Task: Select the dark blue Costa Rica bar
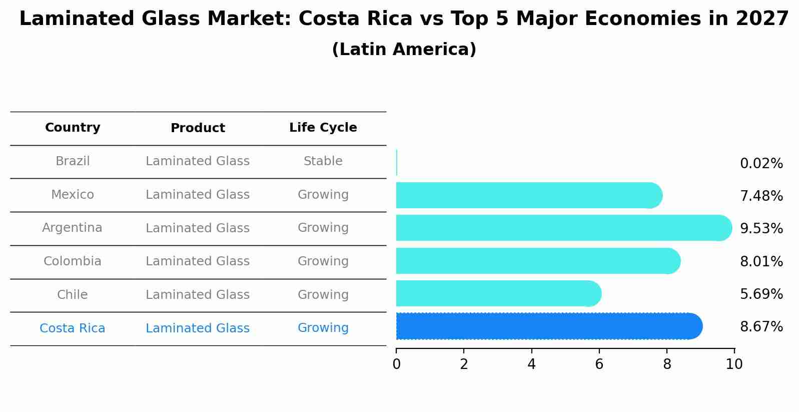pos(548,326)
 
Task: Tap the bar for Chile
pos(498,293)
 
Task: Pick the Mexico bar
pos(528,195)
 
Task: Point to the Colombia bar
pos(538,261)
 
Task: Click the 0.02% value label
pos(761,164)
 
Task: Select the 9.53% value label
pos(761,229)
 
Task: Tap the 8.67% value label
pos(761,327)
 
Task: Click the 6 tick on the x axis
pos(599,364)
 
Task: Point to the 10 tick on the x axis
pos(734,364)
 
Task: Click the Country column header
pos(73,128)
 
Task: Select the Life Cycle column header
pos(323,128)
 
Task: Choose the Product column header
pos(198,128)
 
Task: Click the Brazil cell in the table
pos(73,161)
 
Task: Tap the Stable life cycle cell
pos(323,161)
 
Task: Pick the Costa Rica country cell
pos(73,328)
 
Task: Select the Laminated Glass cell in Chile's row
pos(198,295)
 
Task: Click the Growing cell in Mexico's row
pos(323,195)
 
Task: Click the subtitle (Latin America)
pos(404,50)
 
